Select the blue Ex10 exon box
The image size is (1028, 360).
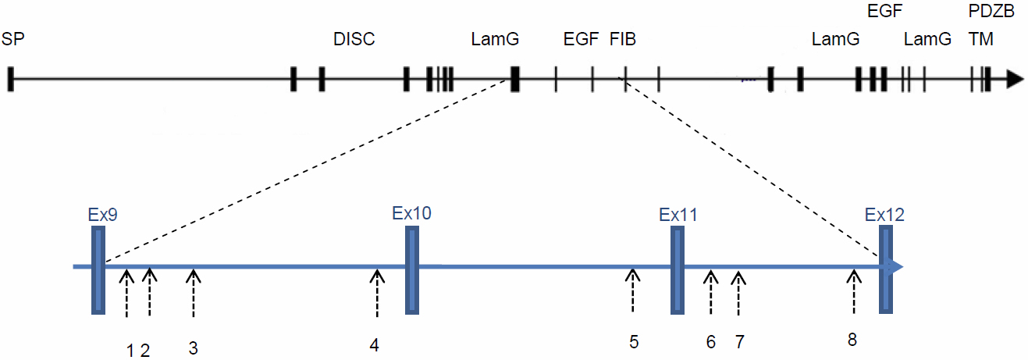click(413, 270)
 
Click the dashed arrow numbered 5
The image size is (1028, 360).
click(633, 289)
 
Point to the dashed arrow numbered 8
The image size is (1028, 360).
click(854, 289)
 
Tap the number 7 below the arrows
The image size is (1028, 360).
click(740, 341)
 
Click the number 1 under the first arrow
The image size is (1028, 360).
click(130, 351)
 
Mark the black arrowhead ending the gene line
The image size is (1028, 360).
click(1014, 79)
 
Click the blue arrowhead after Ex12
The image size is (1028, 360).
click(898, 267)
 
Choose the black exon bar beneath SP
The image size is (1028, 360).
click(11, 79)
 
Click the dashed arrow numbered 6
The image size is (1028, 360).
click(710, 293)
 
